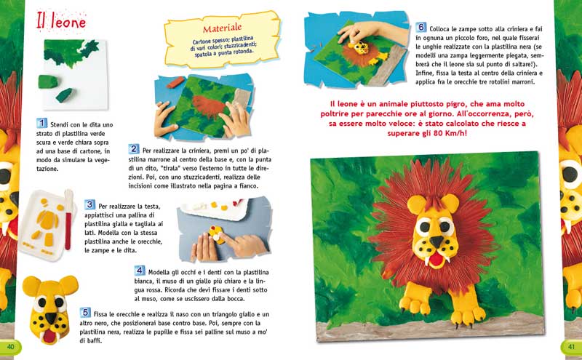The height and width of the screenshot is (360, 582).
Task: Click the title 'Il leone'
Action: tap(62, 23)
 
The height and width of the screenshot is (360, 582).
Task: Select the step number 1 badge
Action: tap(43, 124)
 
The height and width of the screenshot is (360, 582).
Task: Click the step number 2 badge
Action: tap(134, 149)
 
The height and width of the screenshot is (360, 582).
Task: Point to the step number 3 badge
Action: tap(90, 205)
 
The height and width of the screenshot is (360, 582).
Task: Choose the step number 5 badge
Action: tap(85, 312)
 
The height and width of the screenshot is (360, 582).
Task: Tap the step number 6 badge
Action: tap(421, 26)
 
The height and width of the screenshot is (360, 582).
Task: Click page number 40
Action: tap(10, 346)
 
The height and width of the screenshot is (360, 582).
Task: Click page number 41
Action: tap(571, 346)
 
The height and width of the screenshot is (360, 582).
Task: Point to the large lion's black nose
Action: tap(434, 240)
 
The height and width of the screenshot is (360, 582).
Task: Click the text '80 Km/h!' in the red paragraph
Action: tap(444, 133)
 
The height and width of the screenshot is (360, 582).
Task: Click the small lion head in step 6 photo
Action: tap(359, 51)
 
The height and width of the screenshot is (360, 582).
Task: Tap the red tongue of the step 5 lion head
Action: tap(48, 335)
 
